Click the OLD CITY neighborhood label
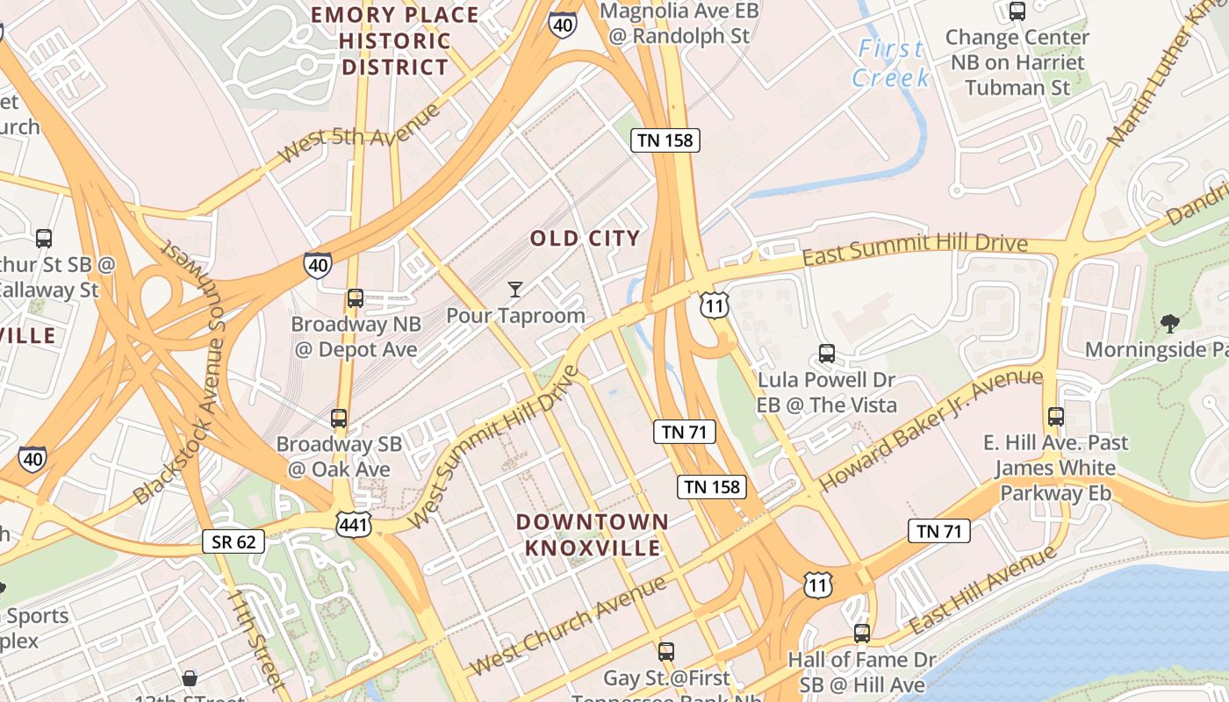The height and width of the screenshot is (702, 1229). (585, 239)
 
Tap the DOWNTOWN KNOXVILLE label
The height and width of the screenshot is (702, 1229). (592, 534)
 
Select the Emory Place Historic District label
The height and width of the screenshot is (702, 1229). (395, 40)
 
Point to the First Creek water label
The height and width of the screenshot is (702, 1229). (891, 63)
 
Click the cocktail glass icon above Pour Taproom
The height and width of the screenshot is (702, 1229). (515, 289)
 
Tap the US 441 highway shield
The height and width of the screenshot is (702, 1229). (353, 524)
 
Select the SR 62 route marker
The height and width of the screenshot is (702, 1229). (234, 541)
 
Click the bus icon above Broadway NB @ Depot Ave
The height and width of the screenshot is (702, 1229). (355, 298)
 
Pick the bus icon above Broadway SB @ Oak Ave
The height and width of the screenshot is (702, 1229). (339, 419)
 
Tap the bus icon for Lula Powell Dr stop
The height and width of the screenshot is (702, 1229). (826, 354)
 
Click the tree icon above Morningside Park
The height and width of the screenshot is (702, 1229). (1168, 324)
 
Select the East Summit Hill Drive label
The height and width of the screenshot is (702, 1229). (915, 249)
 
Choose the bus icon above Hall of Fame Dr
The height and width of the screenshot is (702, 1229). (862, 633)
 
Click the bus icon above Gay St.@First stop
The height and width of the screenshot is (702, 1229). (666, 652)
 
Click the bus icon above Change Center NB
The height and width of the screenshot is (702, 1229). (1017, 11)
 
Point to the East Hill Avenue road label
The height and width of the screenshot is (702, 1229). (983, 590)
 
